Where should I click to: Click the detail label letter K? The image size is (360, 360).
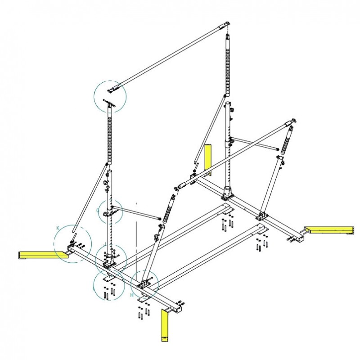point(58,228)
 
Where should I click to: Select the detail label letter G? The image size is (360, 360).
point(98,210)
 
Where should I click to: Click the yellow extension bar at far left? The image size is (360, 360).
point(40,255)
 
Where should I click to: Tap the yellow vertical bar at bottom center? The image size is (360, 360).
point(165,325)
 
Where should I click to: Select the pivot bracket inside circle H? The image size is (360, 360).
point(145,283)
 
